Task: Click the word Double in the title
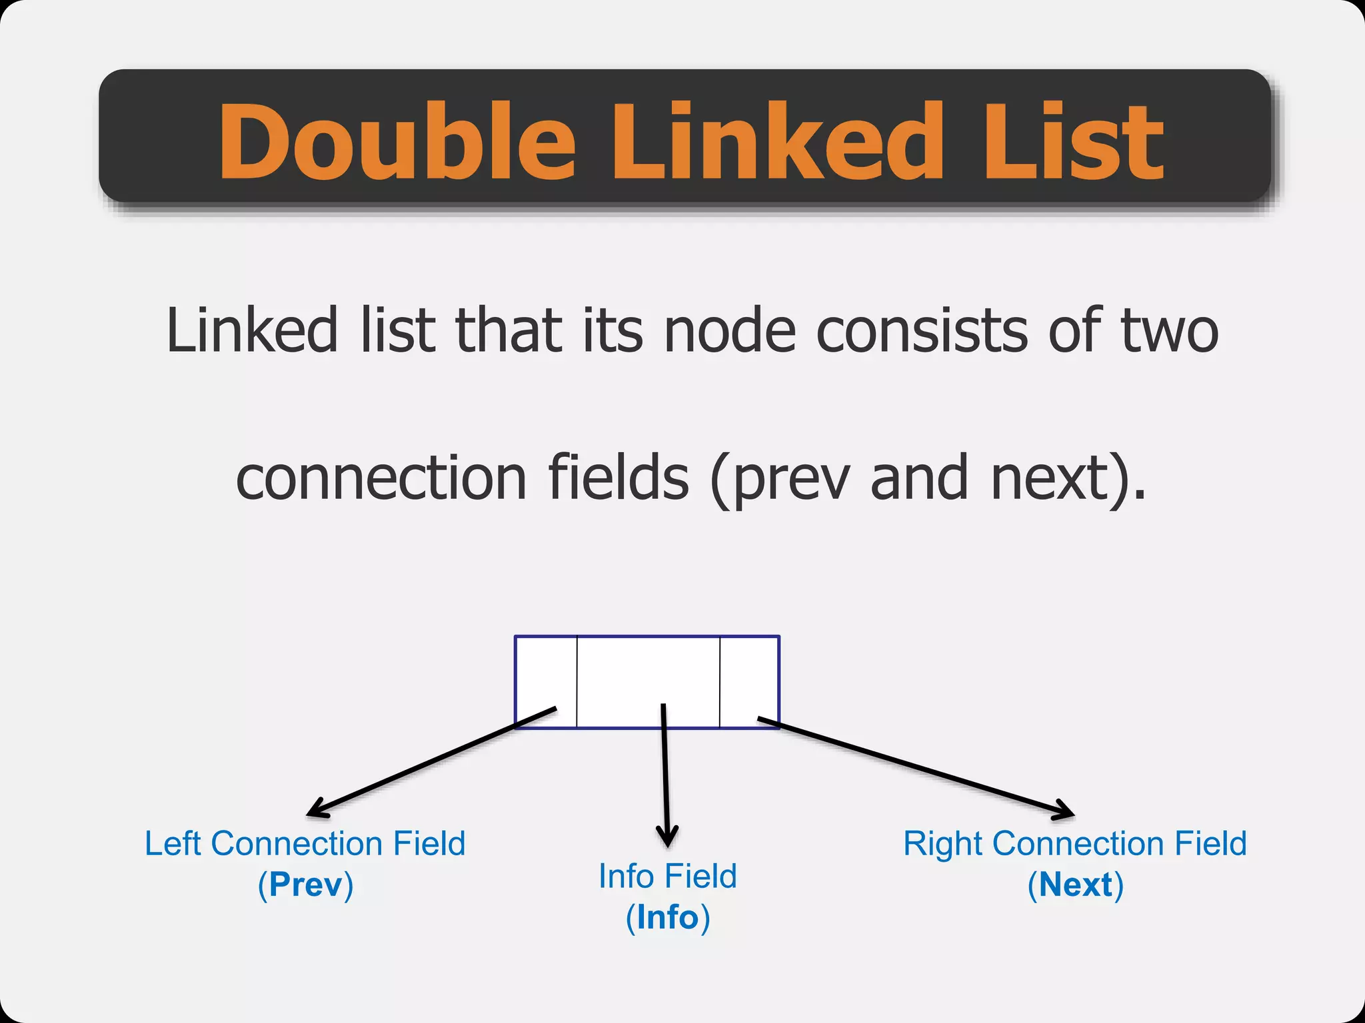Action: [397, 141]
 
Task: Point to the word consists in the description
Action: [922, 330]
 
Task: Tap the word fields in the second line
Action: [618, 478]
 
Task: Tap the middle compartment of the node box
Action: [648, 669]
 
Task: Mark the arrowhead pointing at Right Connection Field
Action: [1065, 812]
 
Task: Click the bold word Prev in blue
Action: [306, 885]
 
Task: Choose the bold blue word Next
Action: [1076, 885]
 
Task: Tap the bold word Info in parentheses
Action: [667, 918]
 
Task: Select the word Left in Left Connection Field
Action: [173, 844]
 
